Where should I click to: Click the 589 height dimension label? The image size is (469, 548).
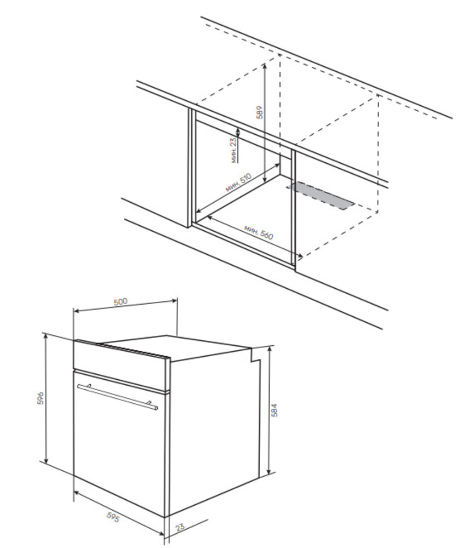click(260, 112)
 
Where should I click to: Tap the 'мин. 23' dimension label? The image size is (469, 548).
click(234, 150)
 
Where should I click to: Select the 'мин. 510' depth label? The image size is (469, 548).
click(238, 183)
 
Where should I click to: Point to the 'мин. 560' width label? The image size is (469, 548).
click(258, 232)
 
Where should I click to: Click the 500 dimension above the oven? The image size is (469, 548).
click(121, 301)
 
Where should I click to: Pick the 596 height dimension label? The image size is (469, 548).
click(41, 398)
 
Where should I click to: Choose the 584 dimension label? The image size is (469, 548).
click(274, 410)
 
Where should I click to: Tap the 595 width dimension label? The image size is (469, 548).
click(112, 517)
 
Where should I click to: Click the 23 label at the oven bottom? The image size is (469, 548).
click(180, 527)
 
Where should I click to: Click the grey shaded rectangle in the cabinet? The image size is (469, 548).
click(321, 195)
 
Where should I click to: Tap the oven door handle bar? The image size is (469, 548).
click(117, 396)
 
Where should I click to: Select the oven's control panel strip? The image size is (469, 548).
click(121, 365)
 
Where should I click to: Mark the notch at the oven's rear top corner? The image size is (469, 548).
click(256, 355)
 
